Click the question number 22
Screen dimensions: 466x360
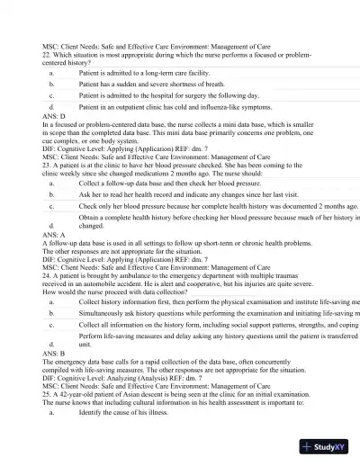coord(47,53)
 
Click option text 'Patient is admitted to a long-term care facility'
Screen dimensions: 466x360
coord(144,71)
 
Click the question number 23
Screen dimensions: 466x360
coord(47,166)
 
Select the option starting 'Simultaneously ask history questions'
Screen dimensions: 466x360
coord(216,313)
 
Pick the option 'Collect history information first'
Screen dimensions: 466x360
coord(216,301)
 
